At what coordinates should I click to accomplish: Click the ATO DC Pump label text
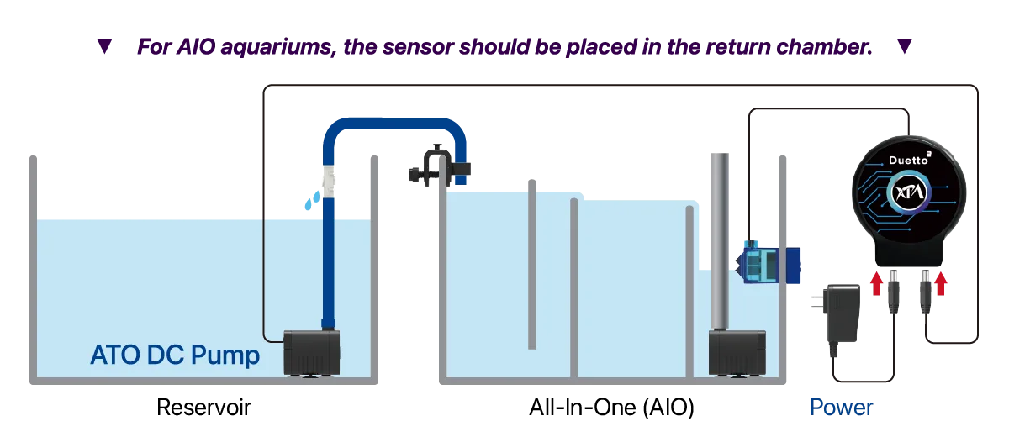[175, 355]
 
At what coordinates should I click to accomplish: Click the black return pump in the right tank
[736, 353]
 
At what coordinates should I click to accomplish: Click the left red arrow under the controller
[876, 282]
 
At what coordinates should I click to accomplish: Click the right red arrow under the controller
[941, 282]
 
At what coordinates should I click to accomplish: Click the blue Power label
[840, 408]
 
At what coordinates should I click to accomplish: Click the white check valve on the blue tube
[330, 181]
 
